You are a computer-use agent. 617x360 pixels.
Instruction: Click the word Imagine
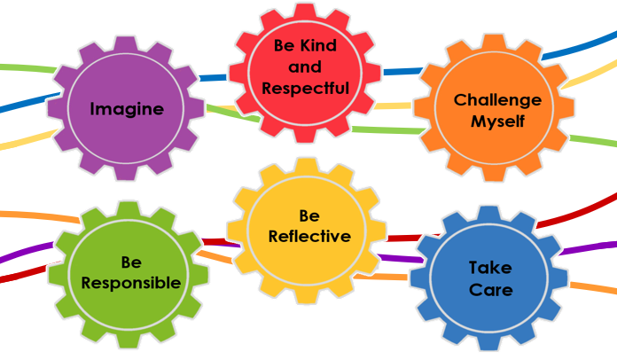(x=127, y=110)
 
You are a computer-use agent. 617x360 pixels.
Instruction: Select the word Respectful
(x=304, y=88)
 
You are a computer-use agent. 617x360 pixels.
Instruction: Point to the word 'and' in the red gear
(x=304, y=67)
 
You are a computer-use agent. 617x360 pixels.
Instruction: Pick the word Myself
(x=497, y=121)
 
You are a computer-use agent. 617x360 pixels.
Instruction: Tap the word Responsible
(x=131, y=283)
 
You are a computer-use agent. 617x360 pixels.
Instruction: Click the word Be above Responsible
(x=131, y=262)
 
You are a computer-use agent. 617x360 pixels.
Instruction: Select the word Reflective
(x=309, y=236)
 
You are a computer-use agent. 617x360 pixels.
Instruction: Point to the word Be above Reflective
(x=308, y=215)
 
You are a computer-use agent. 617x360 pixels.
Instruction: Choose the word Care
(x=490, y=289)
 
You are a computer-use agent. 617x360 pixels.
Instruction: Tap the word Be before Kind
(x=284, y=44)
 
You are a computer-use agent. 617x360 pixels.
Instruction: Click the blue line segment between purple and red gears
(x=215, y=78)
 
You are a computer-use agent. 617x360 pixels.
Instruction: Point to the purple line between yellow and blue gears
(x=399, y=258)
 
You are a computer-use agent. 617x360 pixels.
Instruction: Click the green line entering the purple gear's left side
(x=27, y=67)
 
